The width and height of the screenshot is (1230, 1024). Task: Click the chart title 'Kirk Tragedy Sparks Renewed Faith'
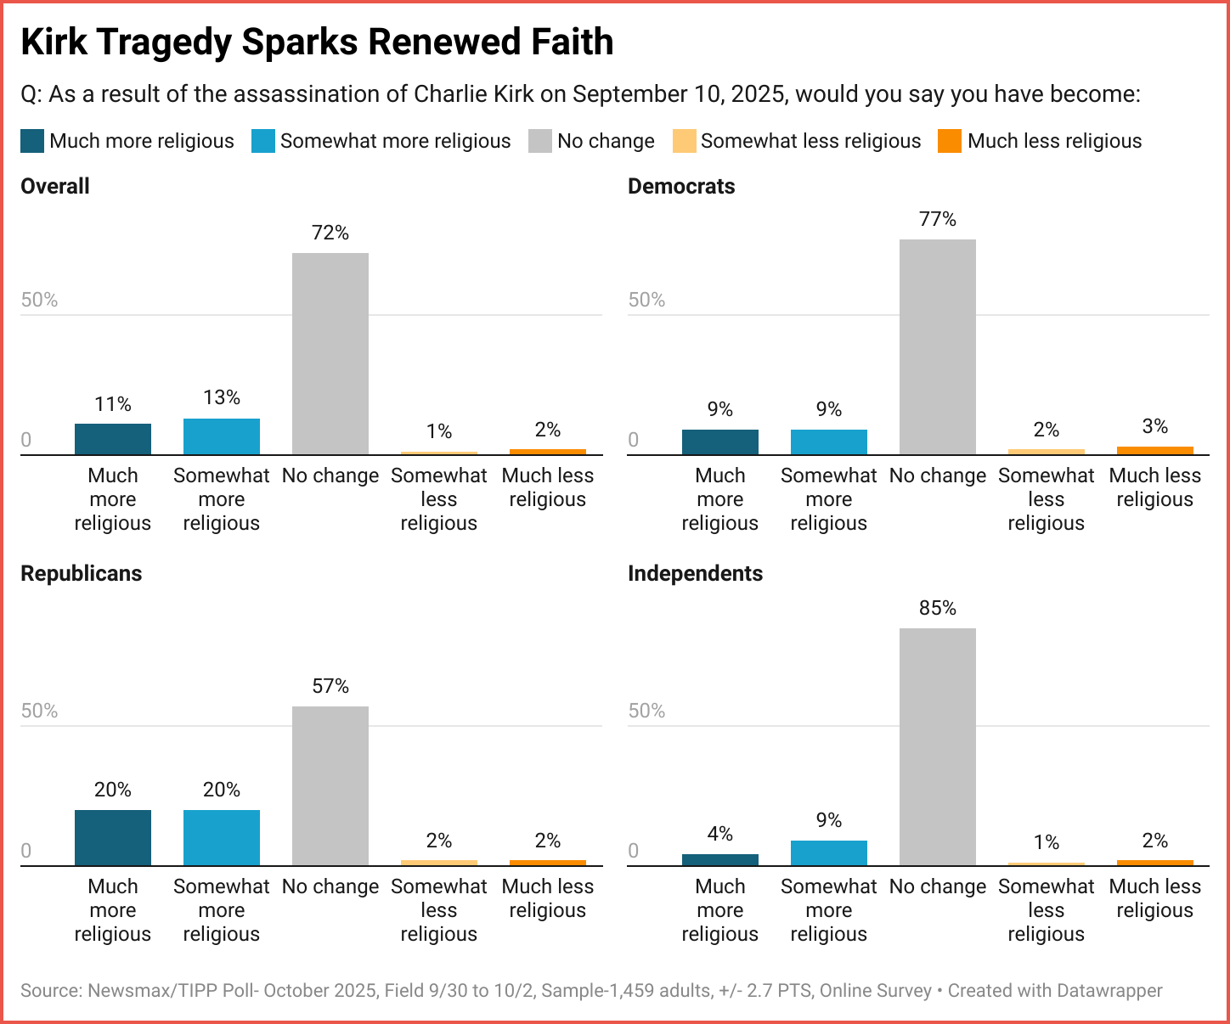pyautogui.click(x=317, y=42)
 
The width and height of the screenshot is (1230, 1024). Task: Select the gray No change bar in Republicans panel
pyautogui.click(x=330, y=785)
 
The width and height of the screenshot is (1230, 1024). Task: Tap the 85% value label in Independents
pyautogui.click(x=937, y=608)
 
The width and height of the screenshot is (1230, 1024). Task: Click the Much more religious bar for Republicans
pyautogui.click(x=113, y=837)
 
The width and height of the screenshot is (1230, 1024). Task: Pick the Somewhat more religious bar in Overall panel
pyautogui.click(x=222, y=436)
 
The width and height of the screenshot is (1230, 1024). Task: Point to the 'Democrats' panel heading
pyautogui.click(x=681, y=187)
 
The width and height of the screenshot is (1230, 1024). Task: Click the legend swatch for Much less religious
pyautogui.click(x=949, y=141)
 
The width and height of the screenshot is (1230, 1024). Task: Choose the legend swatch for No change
pyautogui.click(x=540, y=141)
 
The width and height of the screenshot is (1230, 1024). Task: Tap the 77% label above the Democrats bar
pyautogui.click(x=937, y=219)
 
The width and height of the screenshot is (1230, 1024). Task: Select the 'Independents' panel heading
pyautogui.click(x=695, y=574)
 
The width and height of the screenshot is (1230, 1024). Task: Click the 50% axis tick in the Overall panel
pyautogui.click(x=39, y=300)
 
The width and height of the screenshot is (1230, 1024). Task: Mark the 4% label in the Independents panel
pyautogui.click(x=720, y=834)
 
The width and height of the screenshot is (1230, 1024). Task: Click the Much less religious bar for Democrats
pyautogui.click(x=1154, y=450)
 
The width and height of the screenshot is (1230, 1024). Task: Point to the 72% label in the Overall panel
pyautogui.click(x=330, y=233)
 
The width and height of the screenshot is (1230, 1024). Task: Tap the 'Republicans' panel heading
pyautogui.click(x=81, y=574)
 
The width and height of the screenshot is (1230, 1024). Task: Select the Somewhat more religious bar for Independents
pyautogui.click(x=829, y=852)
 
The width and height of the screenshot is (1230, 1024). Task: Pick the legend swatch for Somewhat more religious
pyautogui.click(x=263, y=141)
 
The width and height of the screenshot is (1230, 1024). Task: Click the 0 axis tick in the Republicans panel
pyautogui.click(x=26, y=851)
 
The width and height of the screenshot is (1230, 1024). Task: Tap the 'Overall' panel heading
pyautogui.click(x=55, y=187)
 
